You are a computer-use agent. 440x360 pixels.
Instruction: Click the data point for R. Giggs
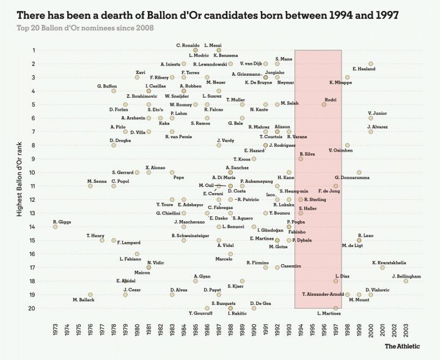click(56, 227)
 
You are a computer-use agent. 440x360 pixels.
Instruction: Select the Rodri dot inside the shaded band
click(324, 105)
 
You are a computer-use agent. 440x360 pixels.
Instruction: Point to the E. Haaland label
click(364, 69)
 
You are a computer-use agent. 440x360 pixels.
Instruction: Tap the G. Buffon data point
click(114, 91)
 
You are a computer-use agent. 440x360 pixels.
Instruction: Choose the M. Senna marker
click(90, 186)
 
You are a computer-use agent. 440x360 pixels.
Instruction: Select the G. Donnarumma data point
click(359, 172)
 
